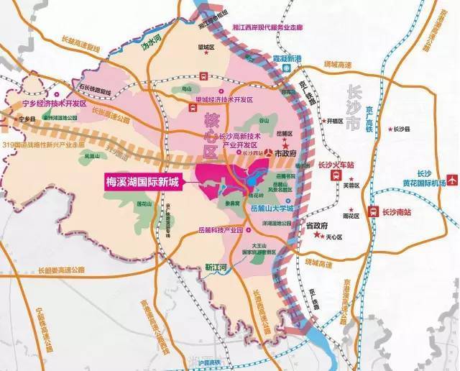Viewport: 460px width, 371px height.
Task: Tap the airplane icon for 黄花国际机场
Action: pos(451,179)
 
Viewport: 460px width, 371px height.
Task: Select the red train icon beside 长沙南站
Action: pos(372,211)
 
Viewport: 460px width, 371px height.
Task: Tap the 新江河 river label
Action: pos(216,267)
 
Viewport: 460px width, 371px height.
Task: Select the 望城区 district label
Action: pos(208,47)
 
